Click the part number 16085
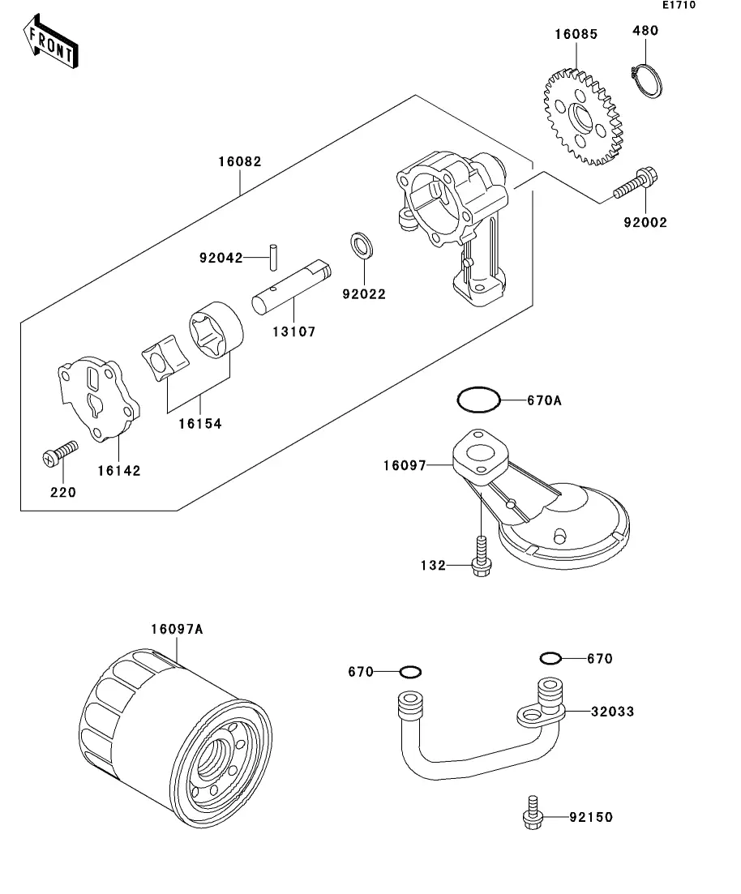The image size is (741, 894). pyautogui.click(x=576, y=34)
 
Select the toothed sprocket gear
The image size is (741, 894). pyautogui.click(x=584, y=118)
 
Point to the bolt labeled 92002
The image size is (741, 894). pyautogui.click(x=635, y=185)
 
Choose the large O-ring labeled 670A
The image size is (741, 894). pyautogui.click(x=479, y=400)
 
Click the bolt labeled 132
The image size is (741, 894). pyautogui.click(x=480, y=555)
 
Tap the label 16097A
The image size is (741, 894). pyautogui.click(x=176, y=629)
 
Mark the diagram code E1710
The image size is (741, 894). pyautogui.click(x=679, y=5)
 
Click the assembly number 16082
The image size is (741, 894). pyautogui.click(x=239, y=161)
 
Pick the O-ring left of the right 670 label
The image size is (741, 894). pyautogui.click(x=550, y=657)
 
